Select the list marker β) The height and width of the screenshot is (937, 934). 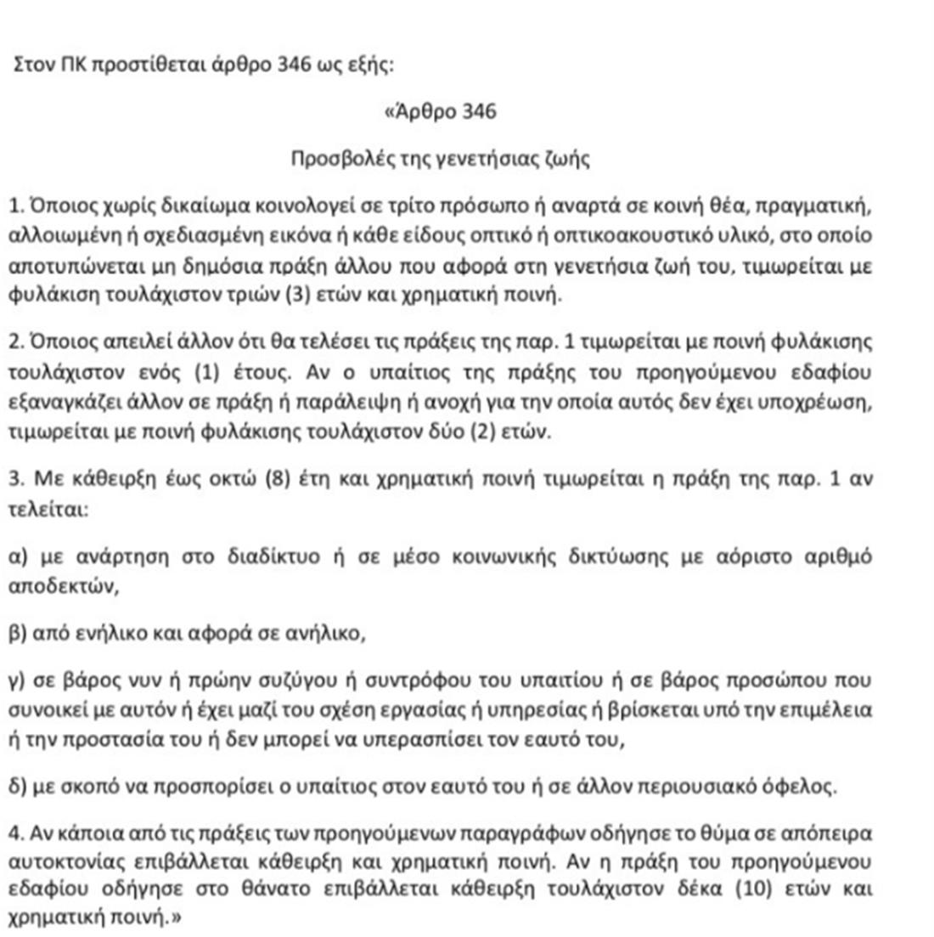click(x=17, y=634)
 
